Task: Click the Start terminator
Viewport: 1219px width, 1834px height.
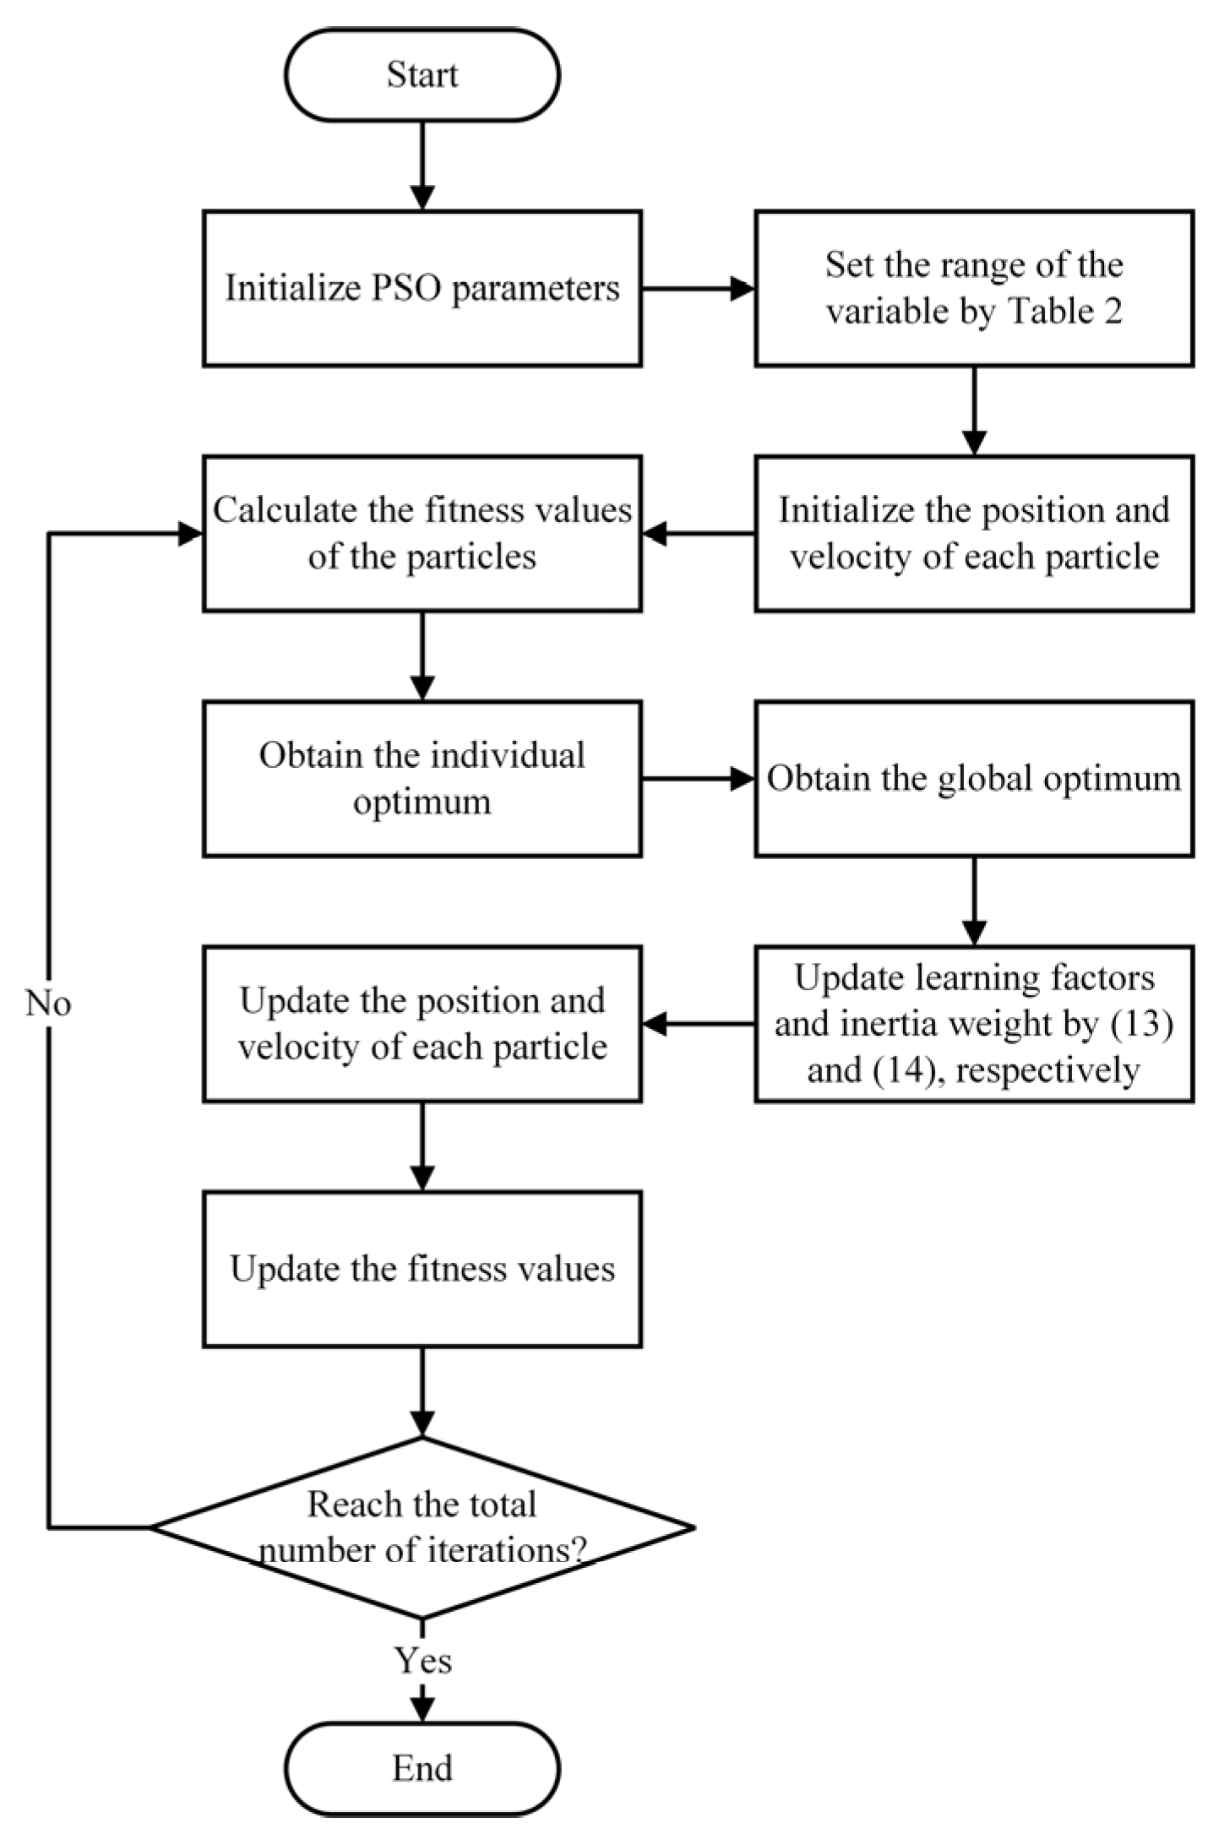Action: click(422, 74)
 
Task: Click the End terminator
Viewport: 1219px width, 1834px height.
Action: click(422, 1768)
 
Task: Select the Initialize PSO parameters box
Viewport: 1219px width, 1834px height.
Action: click(422, 288)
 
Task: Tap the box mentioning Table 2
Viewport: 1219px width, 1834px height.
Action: click(973, 288)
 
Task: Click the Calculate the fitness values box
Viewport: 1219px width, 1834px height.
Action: click(422, 533)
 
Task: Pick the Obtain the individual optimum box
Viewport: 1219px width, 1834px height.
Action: click(422, 778)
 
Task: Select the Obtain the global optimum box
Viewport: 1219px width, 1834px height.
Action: click(973, 778)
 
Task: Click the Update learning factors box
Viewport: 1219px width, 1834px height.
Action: click(973, 1023)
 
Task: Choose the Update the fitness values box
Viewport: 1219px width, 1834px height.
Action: click(422, 1269)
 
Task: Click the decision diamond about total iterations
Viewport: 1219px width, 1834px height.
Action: click(422, 1527)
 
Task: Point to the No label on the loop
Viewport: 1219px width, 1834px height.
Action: click(48, 1004)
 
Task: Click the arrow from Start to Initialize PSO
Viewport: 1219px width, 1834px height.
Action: click(422, 165)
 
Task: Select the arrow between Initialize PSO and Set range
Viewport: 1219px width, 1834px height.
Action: click(698, 289)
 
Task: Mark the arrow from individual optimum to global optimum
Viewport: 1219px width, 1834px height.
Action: click(698, 779)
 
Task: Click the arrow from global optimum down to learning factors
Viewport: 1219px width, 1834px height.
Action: click(974, 901)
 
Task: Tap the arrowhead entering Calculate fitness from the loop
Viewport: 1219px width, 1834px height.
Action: click(190, 534)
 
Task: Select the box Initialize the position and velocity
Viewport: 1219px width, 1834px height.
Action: click(973, 533)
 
